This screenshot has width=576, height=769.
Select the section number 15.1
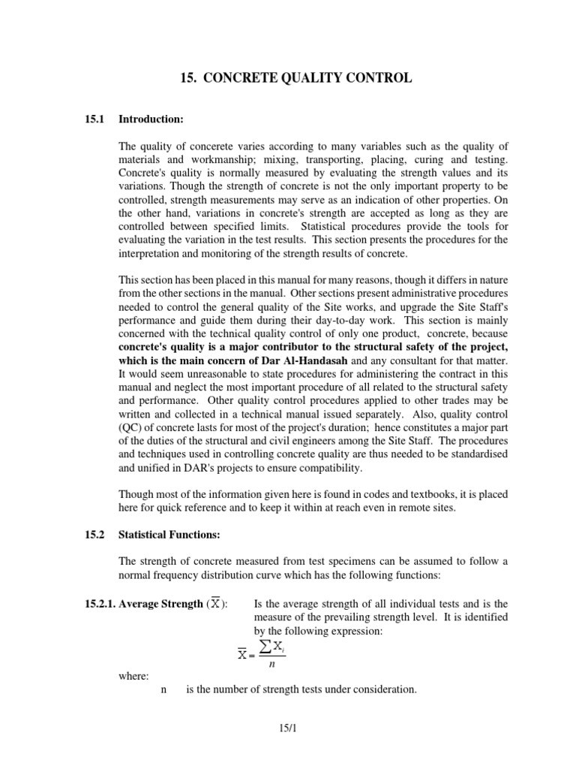tap(91, 119)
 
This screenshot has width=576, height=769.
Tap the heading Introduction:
tap(151, 119)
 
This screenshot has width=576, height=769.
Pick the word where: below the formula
tap(134, 675)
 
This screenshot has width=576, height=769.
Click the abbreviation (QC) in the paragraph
tap(133, 427)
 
